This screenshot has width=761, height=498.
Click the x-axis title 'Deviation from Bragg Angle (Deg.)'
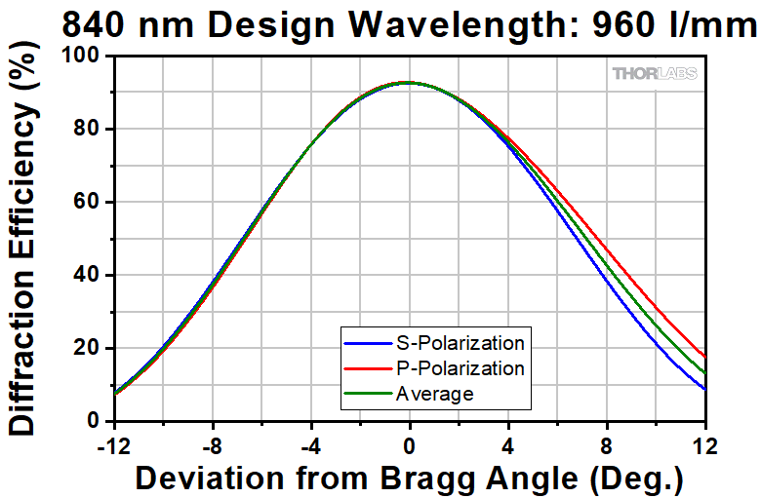[409, 479]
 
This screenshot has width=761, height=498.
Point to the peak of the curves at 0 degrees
[408, 83]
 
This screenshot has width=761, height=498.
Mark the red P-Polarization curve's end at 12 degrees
[704, 357]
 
